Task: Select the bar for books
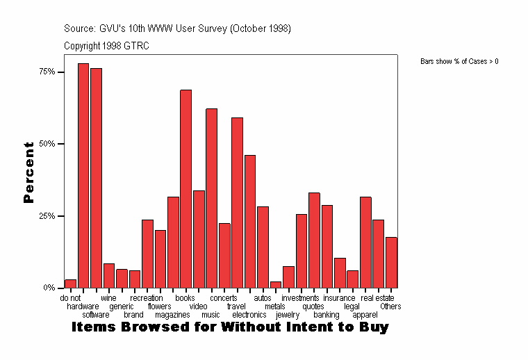pyautogui.click(x=185, y=188)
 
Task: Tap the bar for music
pyautogui.click(x=211, y=198)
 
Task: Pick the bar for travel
pyautogui.click(x=237, y=202)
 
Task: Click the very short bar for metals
pyautogui.click(x=276, y=284)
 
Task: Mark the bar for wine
pyautogui.click(x=109, y=275)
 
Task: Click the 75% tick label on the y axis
pyautogui.click(x=47, y=72)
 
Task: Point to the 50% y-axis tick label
pyautogui.click(x=47, y=144)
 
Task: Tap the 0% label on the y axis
pyautogui.click(x=49, y=288)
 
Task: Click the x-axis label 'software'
pyautogui.click(x=96, y=315)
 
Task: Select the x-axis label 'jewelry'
pyautogui.click(x=288, y=315)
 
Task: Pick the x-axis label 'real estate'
pyautogui.click(x=377, y=298)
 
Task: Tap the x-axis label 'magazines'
pyautogui.click(x=172, y=315)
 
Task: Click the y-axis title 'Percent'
pyautogui.click(x=28, y=172)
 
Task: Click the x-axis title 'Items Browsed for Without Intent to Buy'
pyautogui.click(x=230, y=327)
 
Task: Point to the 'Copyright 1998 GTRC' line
pyautogui.click(x=106, y=46)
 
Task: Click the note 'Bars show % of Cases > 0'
pyautogui.click(x=459, y=62)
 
